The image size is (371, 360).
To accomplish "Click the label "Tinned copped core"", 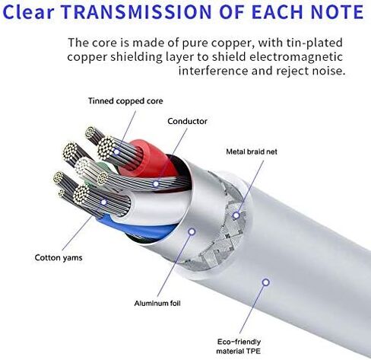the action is point(125,101).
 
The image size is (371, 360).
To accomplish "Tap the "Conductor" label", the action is point(187,121).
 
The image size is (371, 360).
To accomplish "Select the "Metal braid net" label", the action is point(252,151).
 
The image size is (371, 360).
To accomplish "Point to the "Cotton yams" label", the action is point(59,258).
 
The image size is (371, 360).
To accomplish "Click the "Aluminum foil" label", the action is point(157,303).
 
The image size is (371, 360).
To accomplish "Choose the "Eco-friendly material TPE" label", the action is point(239,346).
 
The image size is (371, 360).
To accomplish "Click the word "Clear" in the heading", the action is point(28,12).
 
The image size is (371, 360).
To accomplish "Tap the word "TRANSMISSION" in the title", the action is point(136,12).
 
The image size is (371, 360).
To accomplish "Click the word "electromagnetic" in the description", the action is point(296,56).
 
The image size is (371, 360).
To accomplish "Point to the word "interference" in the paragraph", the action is point(213,71).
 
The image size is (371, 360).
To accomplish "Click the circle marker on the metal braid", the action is point(236,215).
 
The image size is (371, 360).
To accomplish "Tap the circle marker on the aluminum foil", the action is point(192,231).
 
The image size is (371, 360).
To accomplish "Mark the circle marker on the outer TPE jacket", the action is point(265,282).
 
